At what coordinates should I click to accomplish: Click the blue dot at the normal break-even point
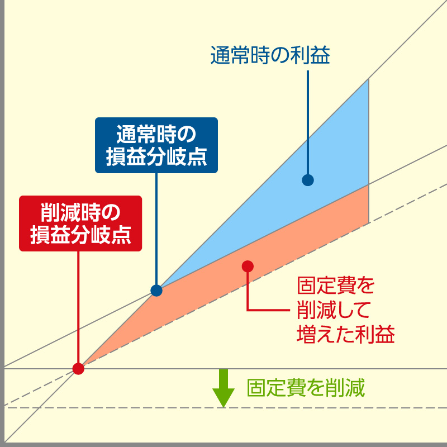pos(156,291)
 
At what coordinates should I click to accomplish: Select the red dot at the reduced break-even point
pos(78,368)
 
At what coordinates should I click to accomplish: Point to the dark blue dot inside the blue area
pos(307,180)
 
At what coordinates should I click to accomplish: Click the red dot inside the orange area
pos(248,266)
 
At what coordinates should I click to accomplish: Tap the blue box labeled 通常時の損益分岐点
pos(156,145)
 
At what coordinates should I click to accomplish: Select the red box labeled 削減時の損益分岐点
pos(80,223)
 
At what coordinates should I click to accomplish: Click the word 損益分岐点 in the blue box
pos(156,157)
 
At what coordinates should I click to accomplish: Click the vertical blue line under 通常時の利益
pos(307,123)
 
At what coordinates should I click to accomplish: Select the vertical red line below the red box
pos(78,307)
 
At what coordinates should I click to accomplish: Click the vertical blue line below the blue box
pos(156,229)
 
